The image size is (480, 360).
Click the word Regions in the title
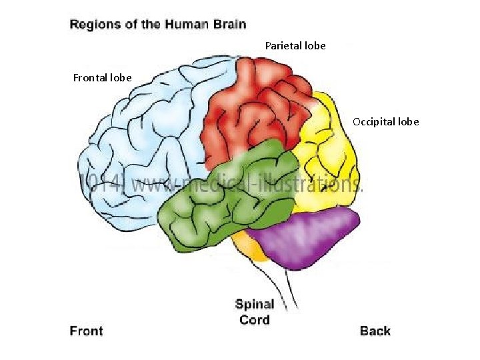point(95,25)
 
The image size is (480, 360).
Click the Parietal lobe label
point(295,46)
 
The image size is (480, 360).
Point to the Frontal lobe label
point(102,78)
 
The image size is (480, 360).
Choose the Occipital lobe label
point(386,122)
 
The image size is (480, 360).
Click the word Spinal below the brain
point(255,305)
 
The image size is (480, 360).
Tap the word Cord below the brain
point(255,320)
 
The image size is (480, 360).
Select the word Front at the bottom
point(87,331)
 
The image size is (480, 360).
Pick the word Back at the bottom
point(375,331)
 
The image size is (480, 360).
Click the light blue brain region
point(140,147)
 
